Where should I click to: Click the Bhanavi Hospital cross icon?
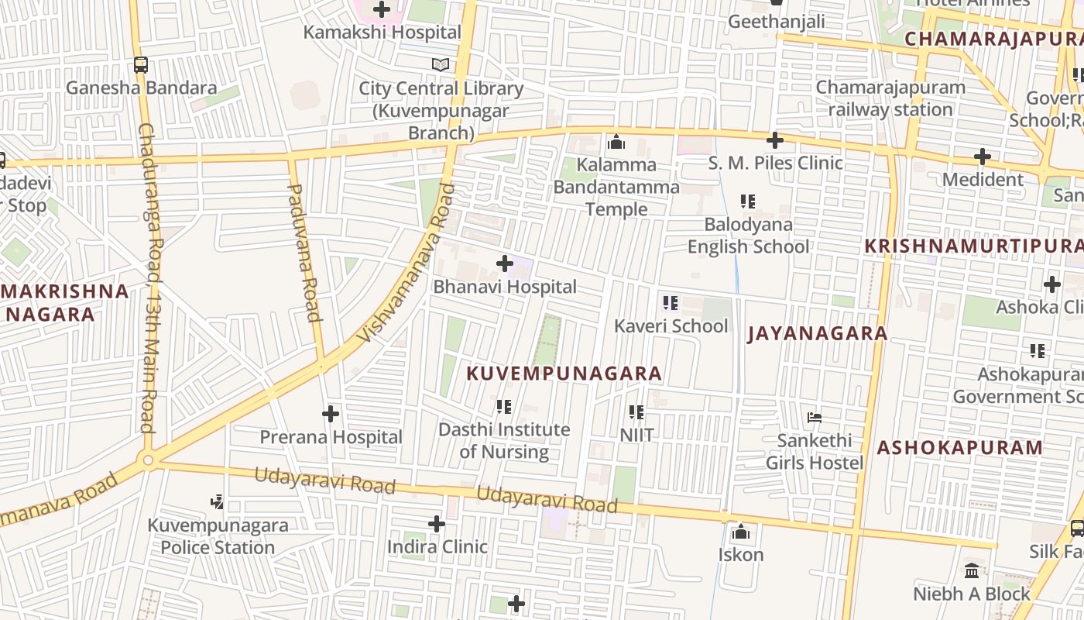[x=504, y=263]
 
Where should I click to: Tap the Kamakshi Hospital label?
[x=382, y=33]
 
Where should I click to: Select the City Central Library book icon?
[x=441, y=65]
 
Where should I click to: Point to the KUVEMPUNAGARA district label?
[x=564, y=374]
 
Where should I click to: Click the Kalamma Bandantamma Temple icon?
[x=616, y=142]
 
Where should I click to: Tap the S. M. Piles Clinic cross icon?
[x=774, y=140]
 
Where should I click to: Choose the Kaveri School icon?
[x=671, y=302]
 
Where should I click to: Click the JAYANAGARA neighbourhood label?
[x=817, y=334]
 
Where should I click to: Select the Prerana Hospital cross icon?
[x=331, y=414]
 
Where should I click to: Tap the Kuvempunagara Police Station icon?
[x=218, y=502]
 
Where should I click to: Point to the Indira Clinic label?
[x=437, y=547]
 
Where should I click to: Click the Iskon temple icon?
[x=741, y=532]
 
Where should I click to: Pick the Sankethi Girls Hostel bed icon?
[x=814, y=417]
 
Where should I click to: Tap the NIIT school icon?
[x=636, y=412]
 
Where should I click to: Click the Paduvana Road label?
[x=304, y=252]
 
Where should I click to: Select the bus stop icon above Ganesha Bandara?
[x=140, y=65]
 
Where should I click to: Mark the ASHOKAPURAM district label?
[x=959, y=448]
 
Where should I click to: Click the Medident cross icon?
[x=983, y=157]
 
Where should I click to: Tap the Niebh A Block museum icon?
[x=972, y=571]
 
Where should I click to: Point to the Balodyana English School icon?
[x=748, y=201]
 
